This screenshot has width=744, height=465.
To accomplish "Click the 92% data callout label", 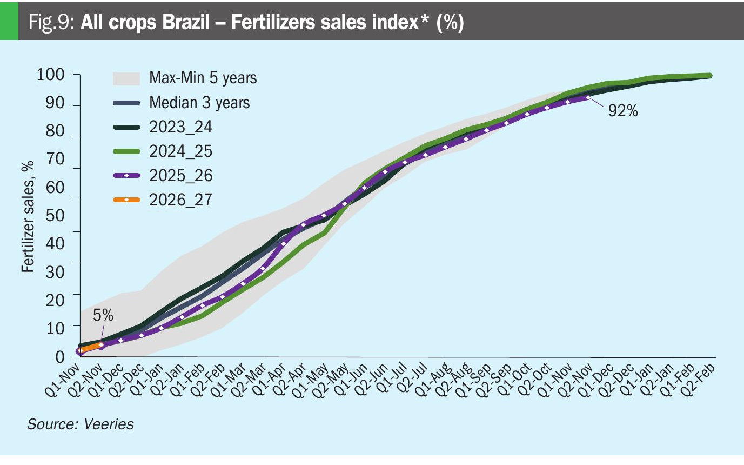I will point(623,112).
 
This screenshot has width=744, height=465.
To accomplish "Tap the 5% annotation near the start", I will point(103,315).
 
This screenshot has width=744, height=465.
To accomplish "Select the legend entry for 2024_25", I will point(180,151).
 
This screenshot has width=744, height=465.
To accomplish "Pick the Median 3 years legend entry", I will point(199,102).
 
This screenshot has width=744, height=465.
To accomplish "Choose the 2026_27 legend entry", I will point(180,200).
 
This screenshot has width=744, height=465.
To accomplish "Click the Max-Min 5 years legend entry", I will point(203,78).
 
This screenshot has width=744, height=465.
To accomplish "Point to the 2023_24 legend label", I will point(180,127).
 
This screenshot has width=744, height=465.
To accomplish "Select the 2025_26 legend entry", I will point(180,176).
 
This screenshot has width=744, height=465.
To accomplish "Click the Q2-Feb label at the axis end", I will point(701,378).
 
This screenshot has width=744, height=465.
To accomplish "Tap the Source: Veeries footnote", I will point(81,424).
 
